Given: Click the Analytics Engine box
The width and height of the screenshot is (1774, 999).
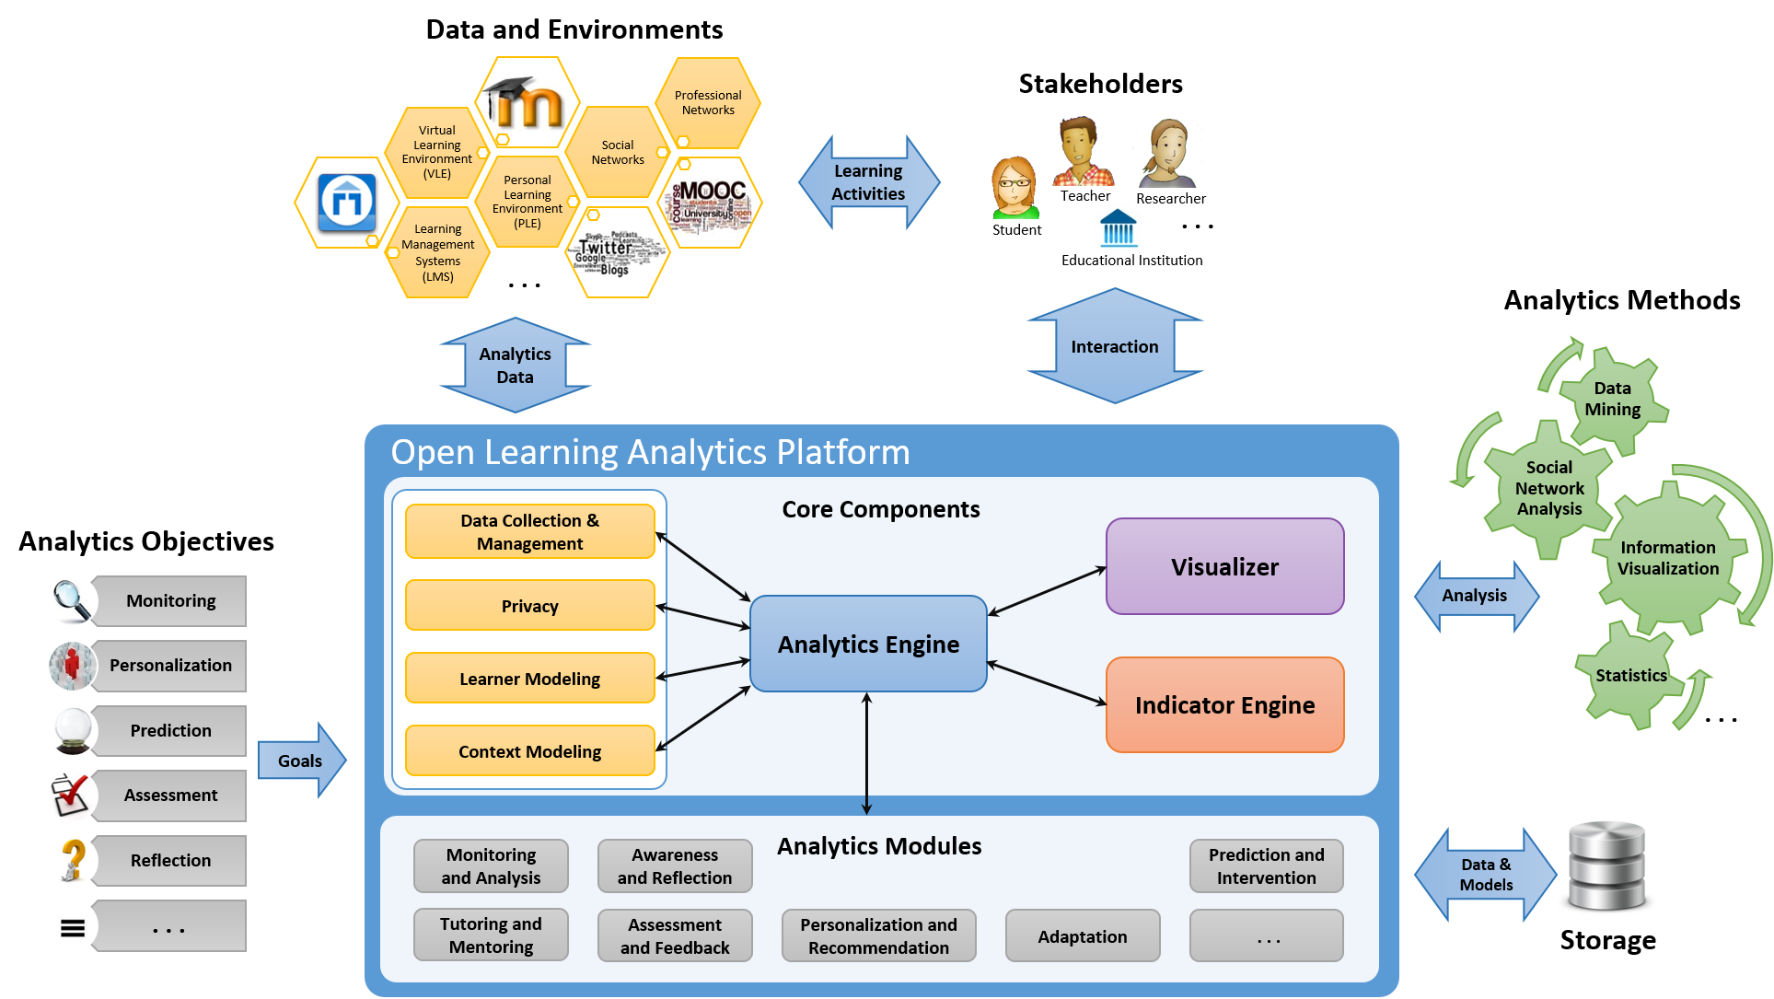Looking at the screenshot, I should coord(868,644).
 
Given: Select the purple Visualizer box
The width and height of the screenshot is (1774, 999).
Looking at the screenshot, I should coord(1224,566).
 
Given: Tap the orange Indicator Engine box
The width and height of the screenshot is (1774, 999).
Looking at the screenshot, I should coord(1224,704).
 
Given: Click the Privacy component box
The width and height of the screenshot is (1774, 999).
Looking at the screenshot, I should coord(529,606).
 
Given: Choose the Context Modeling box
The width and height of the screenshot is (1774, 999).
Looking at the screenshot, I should coord(529,751).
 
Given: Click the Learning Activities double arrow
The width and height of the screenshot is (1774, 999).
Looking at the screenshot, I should coord(868,182).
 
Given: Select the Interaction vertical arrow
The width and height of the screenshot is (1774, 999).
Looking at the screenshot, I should coord(1114,346).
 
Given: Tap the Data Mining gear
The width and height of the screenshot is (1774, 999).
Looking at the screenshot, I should coord(1612,399).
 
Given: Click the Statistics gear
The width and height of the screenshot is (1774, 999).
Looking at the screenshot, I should coord(1630,676).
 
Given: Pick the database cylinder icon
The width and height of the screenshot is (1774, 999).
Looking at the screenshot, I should coord(1606,865).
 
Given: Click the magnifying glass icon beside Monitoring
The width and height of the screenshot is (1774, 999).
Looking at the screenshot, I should coord(72,600).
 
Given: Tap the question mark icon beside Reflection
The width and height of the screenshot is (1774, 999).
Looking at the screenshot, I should coord(72,860).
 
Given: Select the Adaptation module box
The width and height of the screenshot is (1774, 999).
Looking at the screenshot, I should coord(1082,936).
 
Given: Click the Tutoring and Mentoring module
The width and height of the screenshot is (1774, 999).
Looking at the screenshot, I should coord(491,935).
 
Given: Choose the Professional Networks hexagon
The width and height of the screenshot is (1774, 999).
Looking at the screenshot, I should coord(708,102).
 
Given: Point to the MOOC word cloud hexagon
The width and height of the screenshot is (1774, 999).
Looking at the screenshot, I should coord(710,203).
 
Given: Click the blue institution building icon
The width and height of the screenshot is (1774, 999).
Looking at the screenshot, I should coord(1118,227).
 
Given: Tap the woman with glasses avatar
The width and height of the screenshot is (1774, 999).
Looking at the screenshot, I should coord(1015,187).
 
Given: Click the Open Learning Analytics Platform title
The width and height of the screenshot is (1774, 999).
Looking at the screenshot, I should coord(650,452).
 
